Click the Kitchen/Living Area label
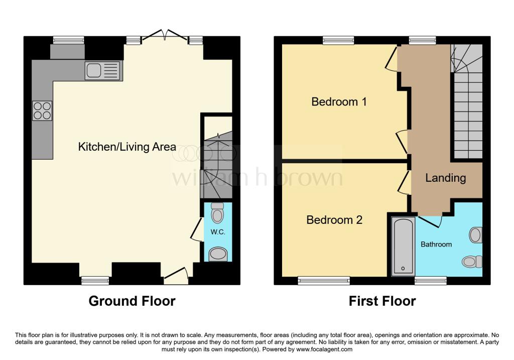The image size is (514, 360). click(127, 147)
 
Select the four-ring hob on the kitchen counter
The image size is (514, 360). click(42, 111)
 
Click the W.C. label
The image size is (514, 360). click(218, 232)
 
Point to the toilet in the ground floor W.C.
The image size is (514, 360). click(217, 213)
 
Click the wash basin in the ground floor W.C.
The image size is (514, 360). click(218, 254)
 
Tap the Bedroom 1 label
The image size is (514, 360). click(339, 101)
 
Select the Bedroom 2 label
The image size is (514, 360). click(334, 220)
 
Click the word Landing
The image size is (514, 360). click(446, 178)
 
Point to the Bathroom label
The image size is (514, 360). click(436, 244)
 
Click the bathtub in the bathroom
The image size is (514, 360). click(403, 246)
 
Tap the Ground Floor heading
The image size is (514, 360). click(132, 301)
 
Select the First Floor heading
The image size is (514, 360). click(382, 301)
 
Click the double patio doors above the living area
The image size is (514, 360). click(165, 37)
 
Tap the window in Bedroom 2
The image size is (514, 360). click(324, 281)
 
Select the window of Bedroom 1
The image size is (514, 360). click(338, 40)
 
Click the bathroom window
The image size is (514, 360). click(430, 281)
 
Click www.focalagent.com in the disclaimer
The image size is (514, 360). click(324, 349)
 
